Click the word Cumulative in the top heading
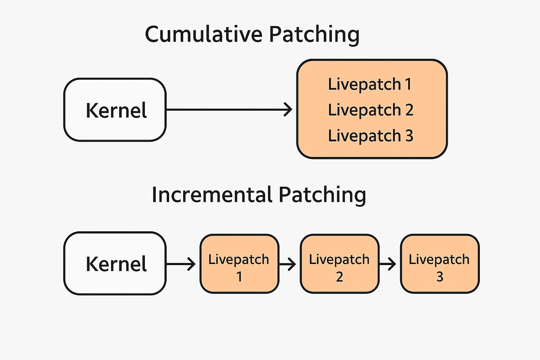204,34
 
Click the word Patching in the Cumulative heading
314,35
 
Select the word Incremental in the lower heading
212,194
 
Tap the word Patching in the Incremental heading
322,195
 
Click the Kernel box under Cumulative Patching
115,110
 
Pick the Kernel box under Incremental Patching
115,263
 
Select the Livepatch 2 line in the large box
371,110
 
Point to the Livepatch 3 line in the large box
371,135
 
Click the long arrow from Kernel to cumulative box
229,109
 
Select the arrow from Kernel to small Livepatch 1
181,264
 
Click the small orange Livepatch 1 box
239,264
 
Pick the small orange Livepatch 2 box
340,264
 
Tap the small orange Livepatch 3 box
440,264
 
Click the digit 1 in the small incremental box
239,277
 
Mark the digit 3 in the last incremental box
440,277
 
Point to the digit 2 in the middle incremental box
339,277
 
